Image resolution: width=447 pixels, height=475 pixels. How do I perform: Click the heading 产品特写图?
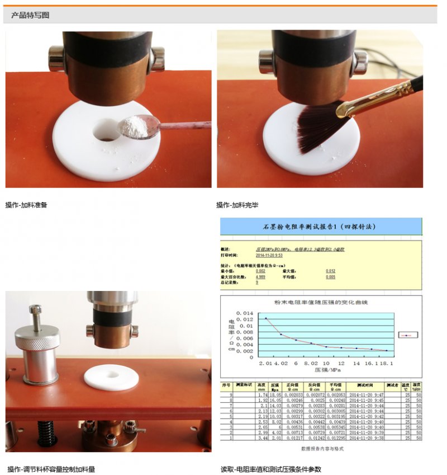(x=30, y=15)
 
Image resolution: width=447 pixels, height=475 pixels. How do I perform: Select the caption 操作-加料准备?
(x=26, y=205)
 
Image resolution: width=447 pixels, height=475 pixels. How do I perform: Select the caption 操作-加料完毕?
(x=237, y=205)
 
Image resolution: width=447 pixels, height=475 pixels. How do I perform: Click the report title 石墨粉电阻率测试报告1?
(x=319, y=227)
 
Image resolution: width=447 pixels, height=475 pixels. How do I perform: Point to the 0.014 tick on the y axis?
(x=245, y=313)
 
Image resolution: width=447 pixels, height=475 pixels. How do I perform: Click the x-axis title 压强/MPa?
(x=327, y=370)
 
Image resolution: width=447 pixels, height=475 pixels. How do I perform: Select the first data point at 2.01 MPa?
(x=265, y=318)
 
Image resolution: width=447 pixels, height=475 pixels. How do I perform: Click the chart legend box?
(x=408, y=335)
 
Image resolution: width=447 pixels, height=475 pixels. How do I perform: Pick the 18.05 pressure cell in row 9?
(x=275, y=394)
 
